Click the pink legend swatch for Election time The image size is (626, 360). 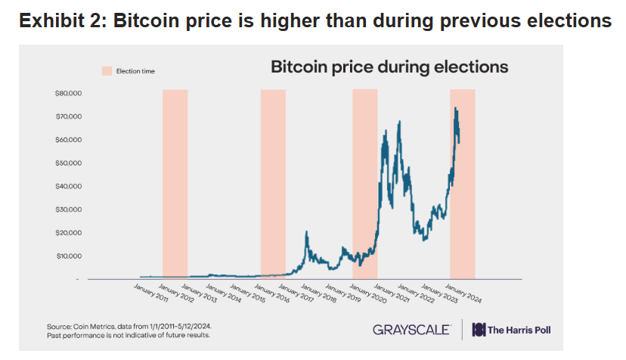pyautogui.click(x=107, y=70)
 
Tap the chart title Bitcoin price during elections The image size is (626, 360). pyautogui.click(x=389, y=67)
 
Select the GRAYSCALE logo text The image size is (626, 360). pyautogui.click(x=412, y=330)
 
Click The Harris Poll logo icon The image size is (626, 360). pyautogui.click(x=479, y=330)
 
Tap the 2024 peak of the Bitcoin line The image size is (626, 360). pyautogui.click(x=455, y=108)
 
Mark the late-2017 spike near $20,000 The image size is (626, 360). pyautogui.click(x=306, y=232)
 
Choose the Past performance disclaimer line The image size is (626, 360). pyautogui.click(x=129, y=334)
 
